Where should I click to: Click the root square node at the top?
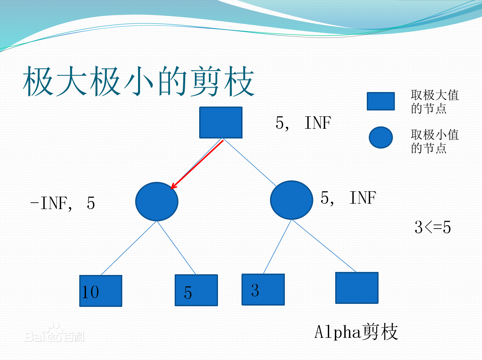click(x=221, y=122)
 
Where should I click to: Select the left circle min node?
click(x=157, y=202)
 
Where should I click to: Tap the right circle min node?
click(x=291, y=200)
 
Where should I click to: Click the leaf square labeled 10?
click(x=101, y=291)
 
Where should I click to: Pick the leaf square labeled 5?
click(x=196, y=290)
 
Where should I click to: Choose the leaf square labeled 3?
click(x=263, y=289)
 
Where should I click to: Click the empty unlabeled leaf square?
click(x=357, y=288)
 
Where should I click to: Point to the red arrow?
click(x=197, y=165)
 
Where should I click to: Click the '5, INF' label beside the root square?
click(x=303, y=123)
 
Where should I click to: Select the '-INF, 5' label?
click(x=63, y=203)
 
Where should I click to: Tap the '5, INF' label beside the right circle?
click(x=348, y=198)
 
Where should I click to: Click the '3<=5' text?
click(x=433, y=227)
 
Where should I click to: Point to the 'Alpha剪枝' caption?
click(x=356, y=332)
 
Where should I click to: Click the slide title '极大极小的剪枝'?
click(x=138, y=81)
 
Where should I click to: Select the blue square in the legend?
click(x=381, y=101)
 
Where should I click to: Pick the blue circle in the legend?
click(x=381, y=137)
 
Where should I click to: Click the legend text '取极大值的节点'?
click(x=434, y=102)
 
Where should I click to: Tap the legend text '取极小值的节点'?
click(x=434, y=141)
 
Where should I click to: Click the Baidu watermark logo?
click(x=54, y=334)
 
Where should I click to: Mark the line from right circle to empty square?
click(x=324, y=246)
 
